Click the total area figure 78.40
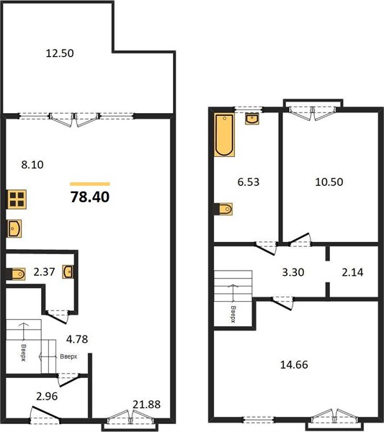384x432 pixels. coord(90,197)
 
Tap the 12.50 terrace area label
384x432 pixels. coord(60,53)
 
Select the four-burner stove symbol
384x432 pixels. coord(17,199)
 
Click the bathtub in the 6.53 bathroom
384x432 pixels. coord(224,135)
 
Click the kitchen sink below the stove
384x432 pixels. coord(14,228)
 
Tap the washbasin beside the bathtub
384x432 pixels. coord(252,119)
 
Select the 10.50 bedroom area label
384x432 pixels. coord(329,182)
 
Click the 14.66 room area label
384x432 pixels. coord(294,364)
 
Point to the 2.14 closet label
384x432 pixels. coord(352,272)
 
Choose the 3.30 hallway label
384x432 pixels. coord(293,272)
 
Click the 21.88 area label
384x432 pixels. coord(146,405)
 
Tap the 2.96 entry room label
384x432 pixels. coord(47,396)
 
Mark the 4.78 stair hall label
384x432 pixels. coord(77,339)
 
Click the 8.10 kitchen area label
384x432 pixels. coord(32,165)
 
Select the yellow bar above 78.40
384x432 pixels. coord(90,184)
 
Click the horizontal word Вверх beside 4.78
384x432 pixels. coord(68,356)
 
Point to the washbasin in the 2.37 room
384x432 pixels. coord(68,271)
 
